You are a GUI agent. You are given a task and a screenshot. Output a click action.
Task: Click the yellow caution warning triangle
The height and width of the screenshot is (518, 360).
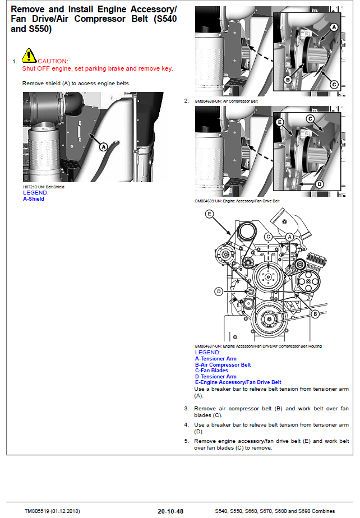29,55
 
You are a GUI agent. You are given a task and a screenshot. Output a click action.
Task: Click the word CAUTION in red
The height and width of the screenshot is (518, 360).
53,61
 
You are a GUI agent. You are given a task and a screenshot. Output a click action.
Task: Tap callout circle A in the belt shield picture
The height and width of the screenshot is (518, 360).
103,146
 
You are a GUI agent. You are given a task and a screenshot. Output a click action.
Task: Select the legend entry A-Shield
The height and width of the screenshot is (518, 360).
33,199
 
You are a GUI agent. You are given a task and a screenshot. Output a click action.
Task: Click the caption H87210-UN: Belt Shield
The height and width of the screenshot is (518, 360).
43,187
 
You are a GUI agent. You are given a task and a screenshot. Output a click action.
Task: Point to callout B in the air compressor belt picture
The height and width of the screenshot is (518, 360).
287,80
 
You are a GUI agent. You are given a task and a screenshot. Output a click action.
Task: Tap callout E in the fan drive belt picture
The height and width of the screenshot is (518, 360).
280,122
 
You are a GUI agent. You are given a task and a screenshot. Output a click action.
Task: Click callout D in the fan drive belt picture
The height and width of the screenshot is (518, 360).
320,183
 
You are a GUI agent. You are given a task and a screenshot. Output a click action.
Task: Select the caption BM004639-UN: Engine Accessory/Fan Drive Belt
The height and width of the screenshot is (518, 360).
237,201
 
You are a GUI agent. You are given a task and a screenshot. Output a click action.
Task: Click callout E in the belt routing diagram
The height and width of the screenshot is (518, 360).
209,214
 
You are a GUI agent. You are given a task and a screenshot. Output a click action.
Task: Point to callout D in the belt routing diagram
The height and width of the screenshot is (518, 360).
219,291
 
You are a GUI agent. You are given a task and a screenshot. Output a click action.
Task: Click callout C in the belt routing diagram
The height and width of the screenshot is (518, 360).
268,237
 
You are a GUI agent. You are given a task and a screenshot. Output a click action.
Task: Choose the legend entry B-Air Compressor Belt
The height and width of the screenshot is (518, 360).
223,365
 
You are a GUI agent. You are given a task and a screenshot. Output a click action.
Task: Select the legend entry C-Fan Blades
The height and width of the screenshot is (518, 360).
211,371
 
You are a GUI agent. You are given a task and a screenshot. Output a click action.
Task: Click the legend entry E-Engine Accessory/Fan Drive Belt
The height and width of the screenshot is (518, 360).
238,382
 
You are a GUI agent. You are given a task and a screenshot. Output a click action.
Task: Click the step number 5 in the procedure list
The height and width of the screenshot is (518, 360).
186,441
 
